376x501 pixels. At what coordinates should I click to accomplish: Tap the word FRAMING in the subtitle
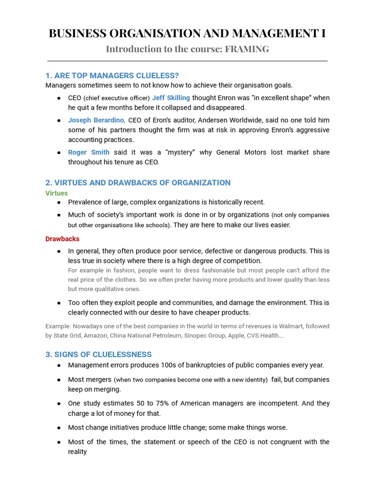tap(247, 49)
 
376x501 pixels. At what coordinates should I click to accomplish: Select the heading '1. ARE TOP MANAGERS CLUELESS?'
tap(112, 75)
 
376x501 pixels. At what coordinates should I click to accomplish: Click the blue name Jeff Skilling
tap(171, 98)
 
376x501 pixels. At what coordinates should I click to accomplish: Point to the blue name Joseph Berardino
tap(96, 120)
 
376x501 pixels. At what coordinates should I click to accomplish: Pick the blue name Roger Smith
tap(89, 152)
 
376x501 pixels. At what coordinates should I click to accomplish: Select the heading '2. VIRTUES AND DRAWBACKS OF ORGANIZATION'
tap(138, 182)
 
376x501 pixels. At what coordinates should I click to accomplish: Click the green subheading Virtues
tap(57, 193)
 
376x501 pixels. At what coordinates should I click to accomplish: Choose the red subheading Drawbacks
tap(62, 239)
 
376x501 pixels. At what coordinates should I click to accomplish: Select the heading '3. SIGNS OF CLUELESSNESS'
tap(98, 354)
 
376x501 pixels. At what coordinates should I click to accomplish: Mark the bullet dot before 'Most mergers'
tap(59, 380)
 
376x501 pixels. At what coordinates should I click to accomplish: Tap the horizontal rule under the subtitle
tap(188, 61)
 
